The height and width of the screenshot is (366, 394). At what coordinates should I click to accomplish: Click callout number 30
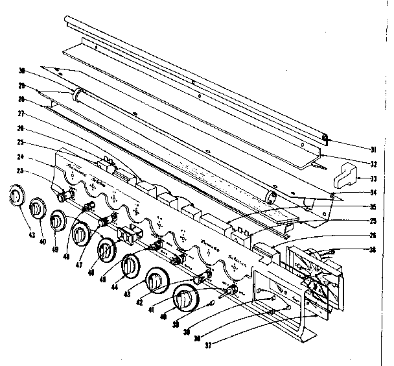coord(22,72)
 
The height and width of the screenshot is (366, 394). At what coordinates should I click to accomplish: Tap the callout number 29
coord(22,86)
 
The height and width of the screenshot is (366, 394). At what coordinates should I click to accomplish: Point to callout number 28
coord(22,100)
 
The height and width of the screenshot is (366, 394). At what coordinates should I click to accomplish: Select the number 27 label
coord(22,114)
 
